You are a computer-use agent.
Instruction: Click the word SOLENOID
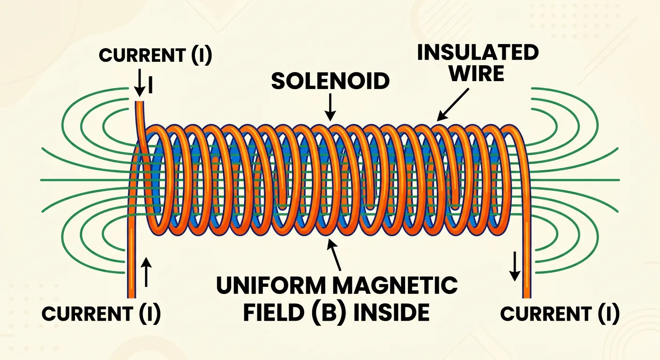(330, 82)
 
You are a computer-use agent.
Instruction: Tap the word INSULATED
(478, 53)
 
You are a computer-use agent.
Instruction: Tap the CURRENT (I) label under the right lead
(560, 313)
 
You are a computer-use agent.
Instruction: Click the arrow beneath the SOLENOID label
(330, 107)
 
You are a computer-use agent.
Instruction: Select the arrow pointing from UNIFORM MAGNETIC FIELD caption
(337, 254)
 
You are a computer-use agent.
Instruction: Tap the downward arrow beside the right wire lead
(515, 266)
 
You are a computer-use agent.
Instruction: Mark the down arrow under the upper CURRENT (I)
(140, 83)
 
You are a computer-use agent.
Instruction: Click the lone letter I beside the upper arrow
(150, 85)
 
